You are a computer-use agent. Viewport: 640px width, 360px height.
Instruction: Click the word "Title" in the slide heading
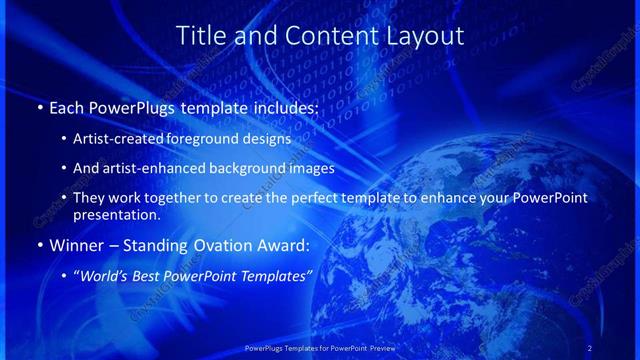pos(201,36)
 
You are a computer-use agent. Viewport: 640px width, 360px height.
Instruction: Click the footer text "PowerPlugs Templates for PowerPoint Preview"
pos(320,346)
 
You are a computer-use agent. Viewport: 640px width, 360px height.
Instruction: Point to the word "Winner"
pos(75,243)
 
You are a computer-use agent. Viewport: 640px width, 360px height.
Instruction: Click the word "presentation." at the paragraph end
pos(117,214)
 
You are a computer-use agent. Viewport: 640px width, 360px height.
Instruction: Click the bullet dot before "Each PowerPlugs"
pos(39,106)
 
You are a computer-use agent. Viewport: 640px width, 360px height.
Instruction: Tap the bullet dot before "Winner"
pos(39,244)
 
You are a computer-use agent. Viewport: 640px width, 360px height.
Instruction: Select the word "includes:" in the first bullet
pos(284,105)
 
